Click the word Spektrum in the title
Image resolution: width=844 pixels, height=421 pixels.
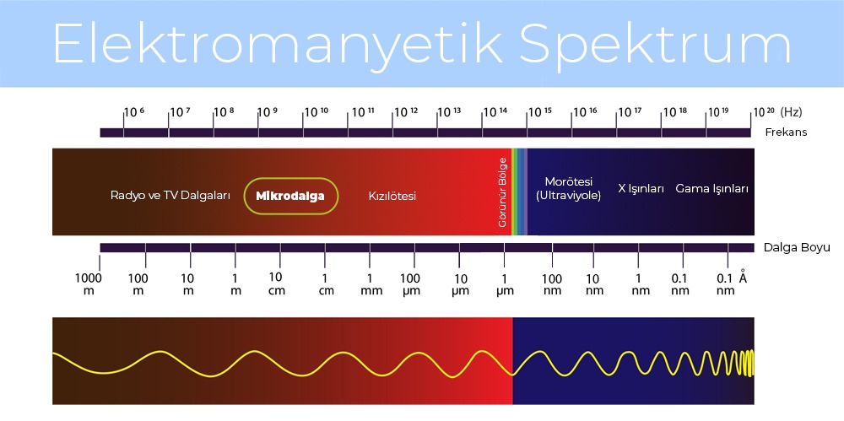click(657, 44)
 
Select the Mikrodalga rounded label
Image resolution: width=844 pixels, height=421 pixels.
click(291, 196)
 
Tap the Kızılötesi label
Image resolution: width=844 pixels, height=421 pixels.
click(392, 196)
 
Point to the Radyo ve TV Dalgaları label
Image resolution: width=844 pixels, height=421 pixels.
click(170, 195)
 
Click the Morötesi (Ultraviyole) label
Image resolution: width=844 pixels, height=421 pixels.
click(568, 188)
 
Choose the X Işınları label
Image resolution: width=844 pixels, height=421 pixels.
click(641, 188)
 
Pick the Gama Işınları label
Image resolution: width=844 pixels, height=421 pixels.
click(711, 188)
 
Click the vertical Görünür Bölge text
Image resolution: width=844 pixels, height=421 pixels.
click(502, 192)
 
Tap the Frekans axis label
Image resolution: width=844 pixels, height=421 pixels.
click(786, 132)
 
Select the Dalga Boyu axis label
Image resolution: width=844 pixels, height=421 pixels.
click(797, 247)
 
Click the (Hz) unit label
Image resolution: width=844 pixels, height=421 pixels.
click(791, 111)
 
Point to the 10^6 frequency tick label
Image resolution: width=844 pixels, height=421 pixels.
click(134, 112)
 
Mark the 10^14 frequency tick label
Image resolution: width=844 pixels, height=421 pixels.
click(495, 112)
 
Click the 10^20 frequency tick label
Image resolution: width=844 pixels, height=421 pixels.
click(764, 112)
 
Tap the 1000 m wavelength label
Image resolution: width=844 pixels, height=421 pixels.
click(88, 284)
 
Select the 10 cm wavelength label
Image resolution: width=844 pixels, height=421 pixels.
click(276, 283)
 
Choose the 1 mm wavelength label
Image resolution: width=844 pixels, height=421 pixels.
click(369, 284)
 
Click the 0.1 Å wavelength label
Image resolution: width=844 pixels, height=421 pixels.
click(731, 284)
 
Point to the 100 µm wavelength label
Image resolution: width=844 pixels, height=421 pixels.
click(410, 284)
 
